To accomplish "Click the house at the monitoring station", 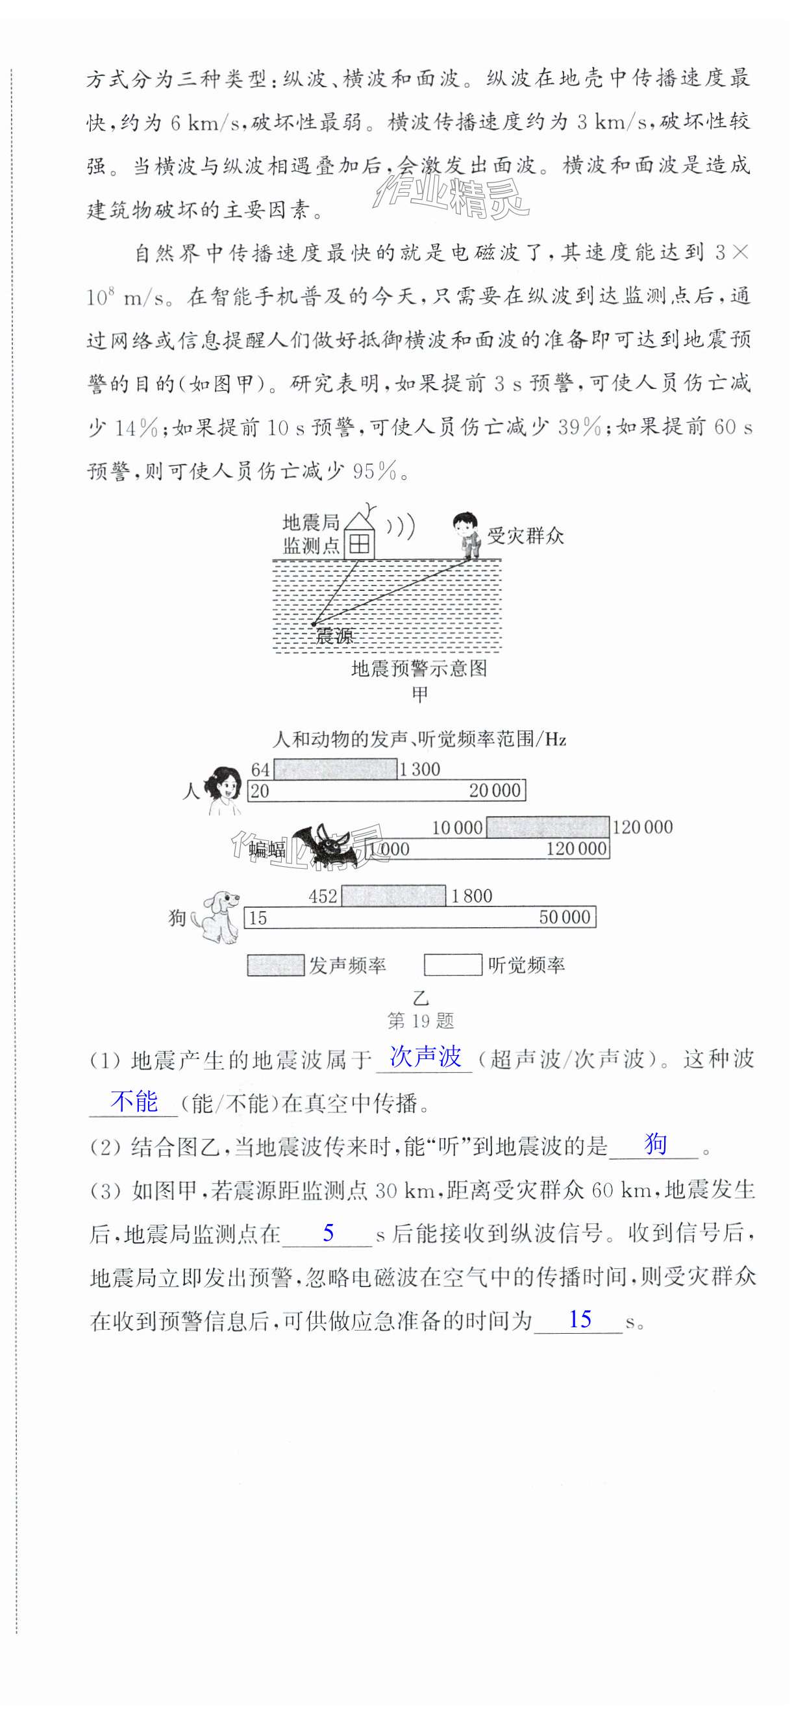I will [359, 538].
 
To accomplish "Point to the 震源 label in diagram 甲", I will [334, 636].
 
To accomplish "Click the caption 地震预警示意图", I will [419, 669].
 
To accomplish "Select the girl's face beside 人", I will [225, 785].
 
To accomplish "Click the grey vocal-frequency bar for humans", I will [335, 769].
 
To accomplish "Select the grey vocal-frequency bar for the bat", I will [547, 827].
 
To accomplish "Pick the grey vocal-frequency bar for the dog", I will [393, 895].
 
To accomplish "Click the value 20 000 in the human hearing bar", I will [495, 791].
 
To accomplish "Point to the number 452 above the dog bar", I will [323, 896].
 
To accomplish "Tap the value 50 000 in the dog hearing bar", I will [565, 918].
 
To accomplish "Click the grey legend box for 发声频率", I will [275, 965].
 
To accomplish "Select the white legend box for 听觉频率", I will [453, 965].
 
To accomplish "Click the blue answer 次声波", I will [426, 1056].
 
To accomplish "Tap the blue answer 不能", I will [134, 1101].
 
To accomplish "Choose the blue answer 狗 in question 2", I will [655, 1144].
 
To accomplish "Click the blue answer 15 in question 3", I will [580, 1319].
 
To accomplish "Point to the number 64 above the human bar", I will [260, 769].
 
